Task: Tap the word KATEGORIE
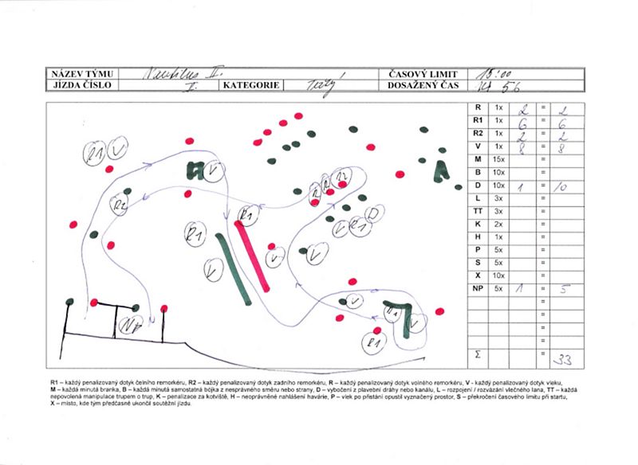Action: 250,84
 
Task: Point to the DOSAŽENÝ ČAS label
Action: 420,84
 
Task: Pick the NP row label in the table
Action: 478,289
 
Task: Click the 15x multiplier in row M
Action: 500,159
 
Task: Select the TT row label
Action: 478,211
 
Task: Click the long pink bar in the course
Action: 254,254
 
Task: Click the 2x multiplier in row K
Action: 500,224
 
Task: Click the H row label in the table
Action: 478,237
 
